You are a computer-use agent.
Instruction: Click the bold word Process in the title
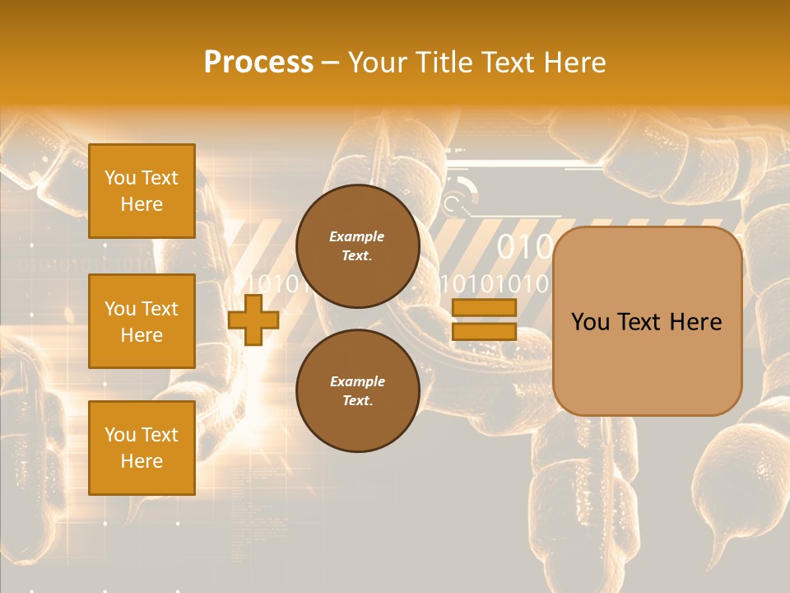(258, 63)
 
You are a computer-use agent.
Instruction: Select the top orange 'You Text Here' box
(142, 191)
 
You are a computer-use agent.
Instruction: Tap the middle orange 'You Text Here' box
(142, 321)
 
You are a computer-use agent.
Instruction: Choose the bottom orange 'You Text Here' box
(142, 447)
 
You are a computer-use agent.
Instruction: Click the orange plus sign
(253, 320)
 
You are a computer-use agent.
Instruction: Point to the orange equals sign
(484, 320)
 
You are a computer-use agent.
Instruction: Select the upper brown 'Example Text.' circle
(357, 246)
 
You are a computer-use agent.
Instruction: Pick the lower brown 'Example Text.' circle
(357, 391)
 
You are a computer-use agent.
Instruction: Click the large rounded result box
(648, 320)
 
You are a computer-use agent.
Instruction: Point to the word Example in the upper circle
(357, 237)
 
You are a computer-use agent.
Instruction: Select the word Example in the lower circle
(357, 382)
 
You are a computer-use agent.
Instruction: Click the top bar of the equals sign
(484, 308)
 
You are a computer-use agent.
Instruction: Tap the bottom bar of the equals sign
(484, 332)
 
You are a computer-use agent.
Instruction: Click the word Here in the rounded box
(697, 322)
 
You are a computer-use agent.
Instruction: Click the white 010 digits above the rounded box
(524, 247)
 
